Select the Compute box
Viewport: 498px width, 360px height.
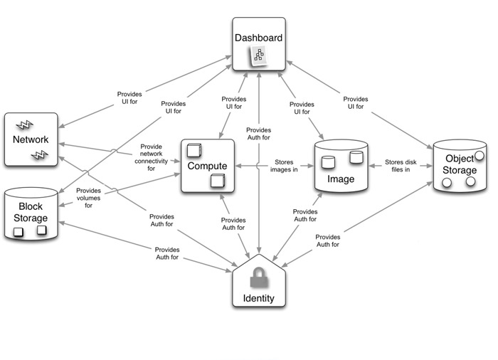point(207,166)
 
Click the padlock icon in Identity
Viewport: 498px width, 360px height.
point(259,276)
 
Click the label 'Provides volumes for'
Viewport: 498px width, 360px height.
point(89,198)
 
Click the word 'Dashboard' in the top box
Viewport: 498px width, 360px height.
point(258,38)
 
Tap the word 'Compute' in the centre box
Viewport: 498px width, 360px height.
point(207,166)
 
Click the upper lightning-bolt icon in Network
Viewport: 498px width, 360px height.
point(24,126)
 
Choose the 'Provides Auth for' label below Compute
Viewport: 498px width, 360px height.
point(233,224)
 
